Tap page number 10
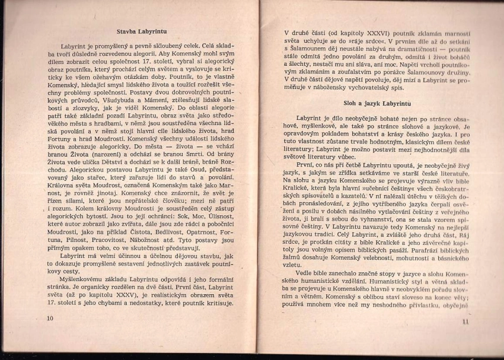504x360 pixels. [49, 318]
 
